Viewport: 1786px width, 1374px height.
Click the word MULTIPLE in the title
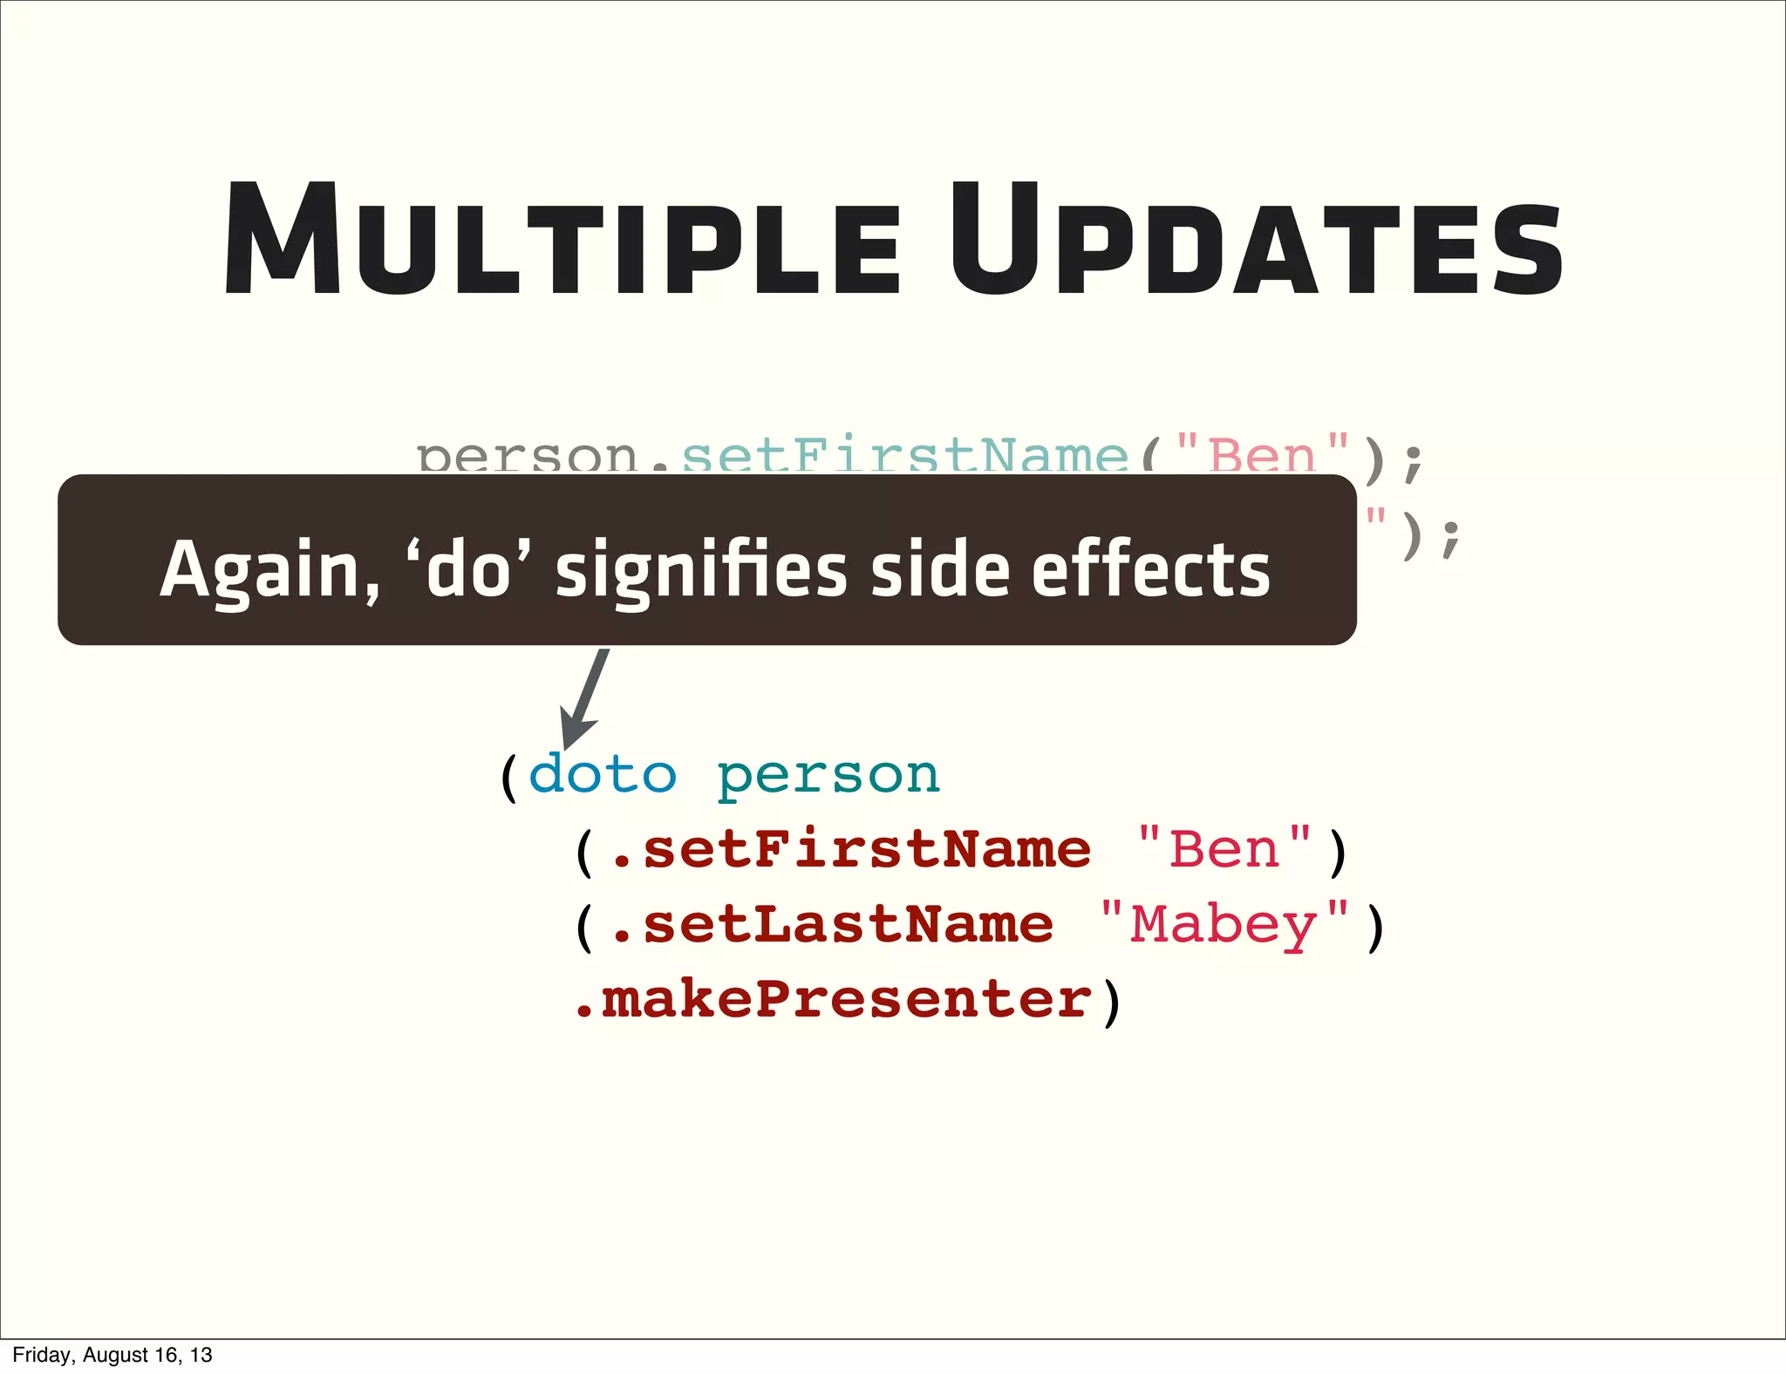tap(562, 240)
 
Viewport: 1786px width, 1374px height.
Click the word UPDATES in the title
tap(1256, 240)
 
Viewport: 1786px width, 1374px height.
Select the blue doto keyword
tap(603, 774)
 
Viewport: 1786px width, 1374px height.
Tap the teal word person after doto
tap(828, 774)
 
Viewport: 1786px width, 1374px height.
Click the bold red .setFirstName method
tap(850, 849)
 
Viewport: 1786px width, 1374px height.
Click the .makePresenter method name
tap(832, 999)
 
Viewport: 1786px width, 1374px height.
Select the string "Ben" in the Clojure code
tap(1224, 849)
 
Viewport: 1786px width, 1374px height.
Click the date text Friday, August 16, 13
tap(112, 1355)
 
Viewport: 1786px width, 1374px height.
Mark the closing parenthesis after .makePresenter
tap(1111, 1003)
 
